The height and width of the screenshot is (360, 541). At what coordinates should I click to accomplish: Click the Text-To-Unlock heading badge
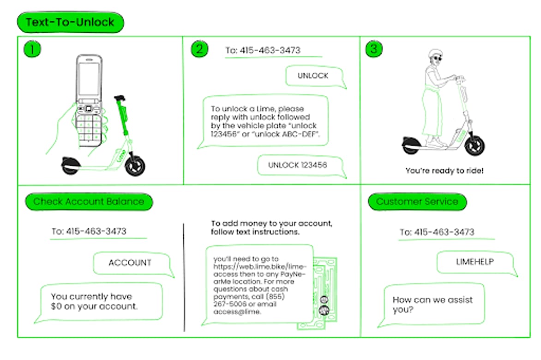[70, 22]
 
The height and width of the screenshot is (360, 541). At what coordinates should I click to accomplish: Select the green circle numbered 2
[199, 49]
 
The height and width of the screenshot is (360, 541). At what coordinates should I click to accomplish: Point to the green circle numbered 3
[374, 49]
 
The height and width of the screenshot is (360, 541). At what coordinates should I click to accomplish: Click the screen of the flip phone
[89, 78]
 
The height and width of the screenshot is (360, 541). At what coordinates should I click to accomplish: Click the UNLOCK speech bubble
[314, 76]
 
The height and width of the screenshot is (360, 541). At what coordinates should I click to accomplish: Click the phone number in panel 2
[263, 50]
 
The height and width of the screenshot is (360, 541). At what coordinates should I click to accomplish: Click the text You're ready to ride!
[445, 171]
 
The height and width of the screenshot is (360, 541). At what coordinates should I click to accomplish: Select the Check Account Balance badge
[89, 202]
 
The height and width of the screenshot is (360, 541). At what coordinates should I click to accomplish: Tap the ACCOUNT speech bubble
[131, 263]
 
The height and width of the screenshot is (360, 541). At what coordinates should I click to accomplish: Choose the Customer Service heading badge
[417, 202]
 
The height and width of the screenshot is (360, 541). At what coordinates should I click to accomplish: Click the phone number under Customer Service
[437, 232]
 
